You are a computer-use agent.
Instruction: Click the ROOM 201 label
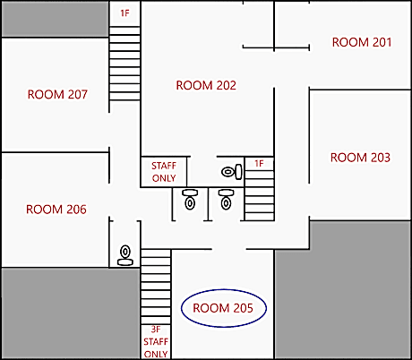362,42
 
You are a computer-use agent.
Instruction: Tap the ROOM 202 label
206,85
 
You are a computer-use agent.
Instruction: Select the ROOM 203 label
360,158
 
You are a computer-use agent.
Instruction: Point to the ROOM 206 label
56,210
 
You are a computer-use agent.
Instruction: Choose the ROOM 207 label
57,94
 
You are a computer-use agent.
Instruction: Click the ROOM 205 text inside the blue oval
223,308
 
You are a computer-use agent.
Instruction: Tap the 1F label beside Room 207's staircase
124,13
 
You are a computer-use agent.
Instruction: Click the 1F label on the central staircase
259,164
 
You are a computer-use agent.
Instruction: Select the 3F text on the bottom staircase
156,330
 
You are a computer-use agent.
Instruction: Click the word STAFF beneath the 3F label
156,341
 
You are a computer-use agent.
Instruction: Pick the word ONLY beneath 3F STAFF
156,354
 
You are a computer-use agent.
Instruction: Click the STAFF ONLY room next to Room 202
164,172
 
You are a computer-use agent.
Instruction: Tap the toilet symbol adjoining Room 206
125,255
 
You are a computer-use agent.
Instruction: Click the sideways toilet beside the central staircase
232,172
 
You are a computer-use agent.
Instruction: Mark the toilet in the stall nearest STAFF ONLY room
190,200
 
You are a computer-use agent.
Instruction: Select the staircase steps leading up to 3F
156,287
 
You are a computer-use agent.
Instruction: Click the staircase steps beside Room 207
124,64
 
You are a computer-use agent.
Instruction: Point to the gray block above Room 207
55,19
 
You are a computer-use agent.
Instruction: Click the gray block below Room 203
343,289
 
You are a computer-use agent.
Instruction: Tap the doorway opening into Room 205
229,249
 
